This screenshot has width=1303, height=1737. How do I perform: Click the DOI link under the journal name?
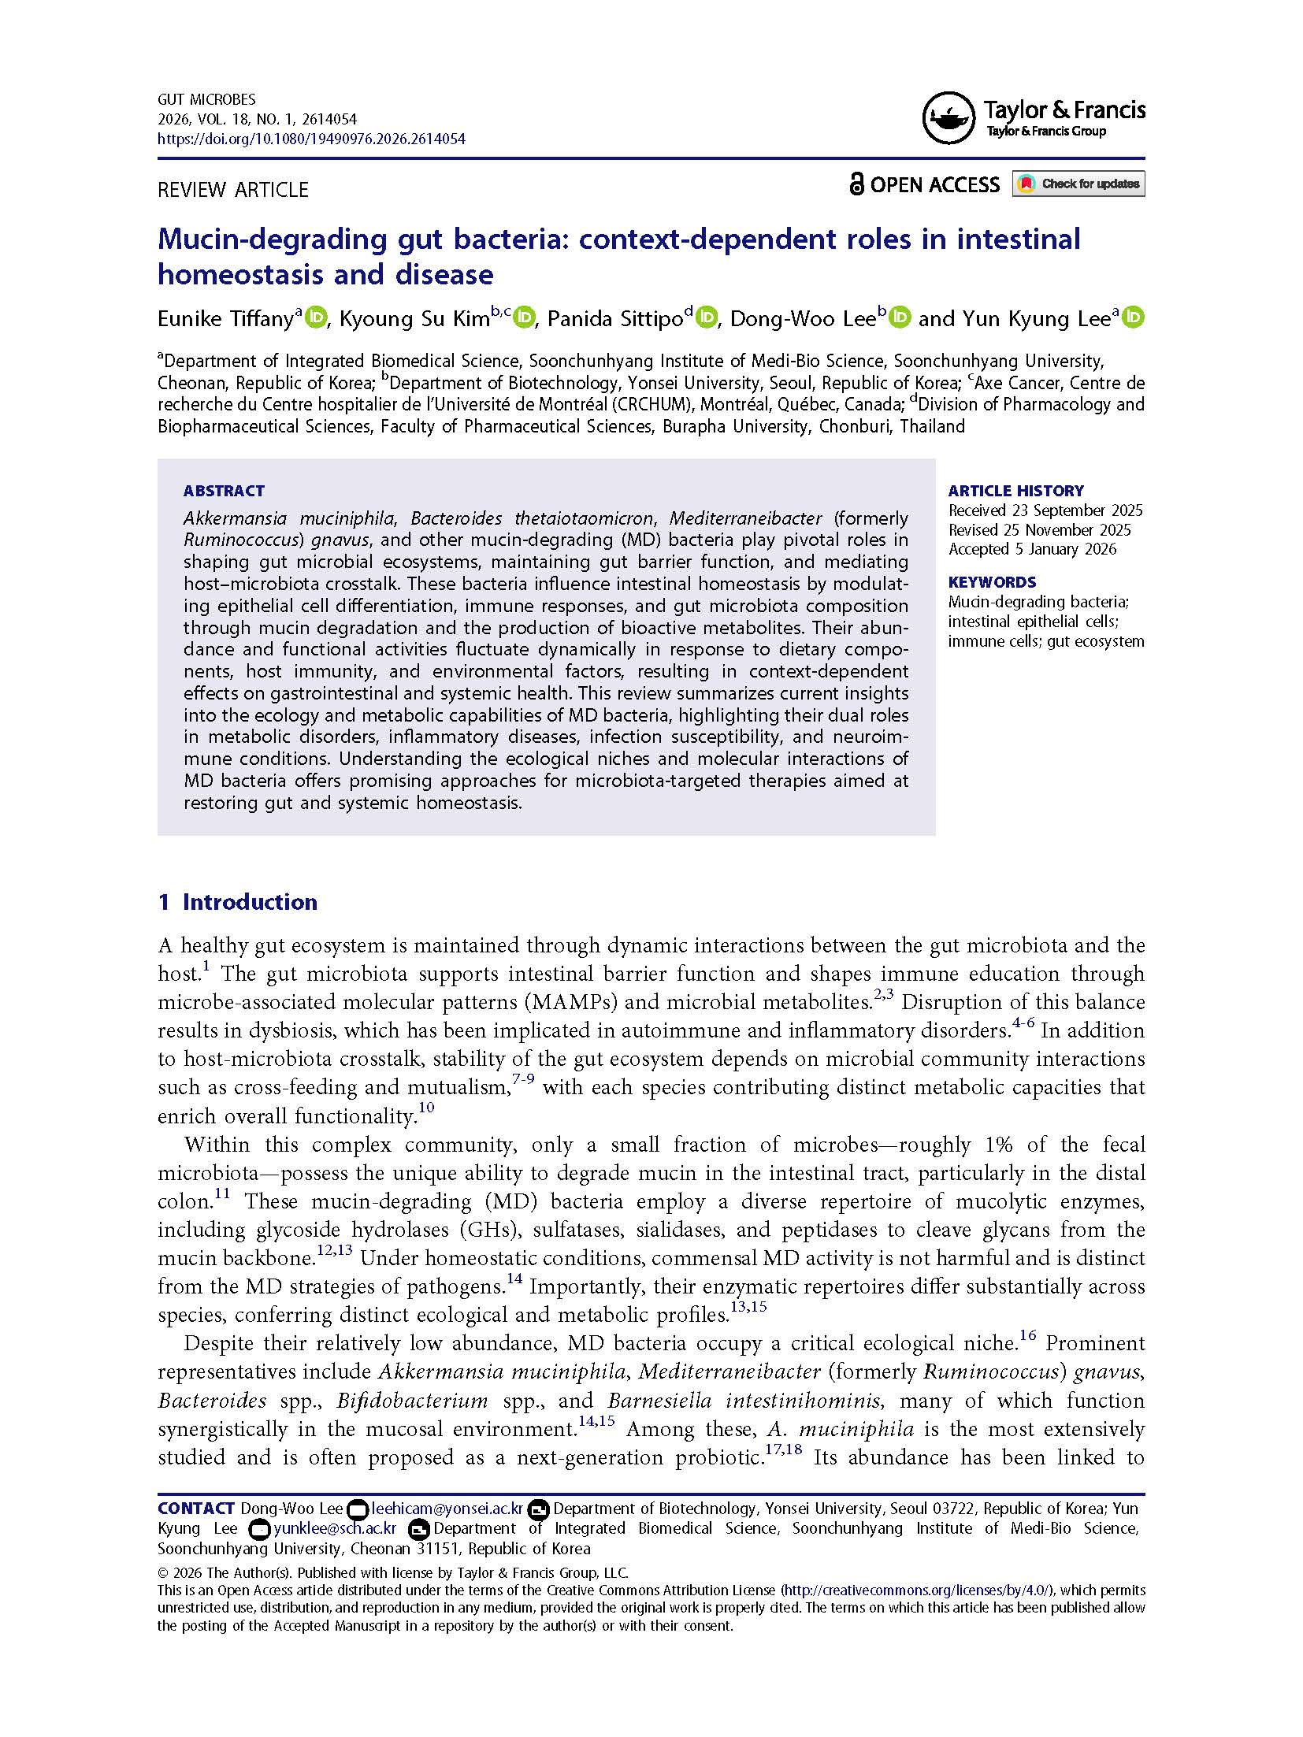click(311, 139)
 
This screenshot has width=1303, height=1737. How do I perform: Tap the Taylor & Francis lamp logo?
click(948, 118)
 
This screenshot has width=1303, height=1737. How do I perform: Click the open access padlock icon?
click(856, 184)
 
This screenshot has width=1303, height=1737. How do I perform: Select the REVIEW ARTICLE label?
click(233, 190)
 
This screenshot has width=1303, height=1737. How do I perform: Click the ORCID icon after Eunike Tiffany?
click(316, 317)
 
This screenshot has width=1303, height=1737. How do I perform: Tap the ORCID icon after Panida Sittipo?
click(707, 317)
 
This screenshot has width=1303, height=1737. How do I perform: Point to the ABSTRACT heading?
click(224, 491)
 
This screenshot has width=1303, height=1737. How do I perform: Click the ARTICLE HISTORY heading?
click(1015, 491)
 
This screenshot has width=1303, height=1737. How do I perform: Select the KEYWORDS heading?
click(992, 582)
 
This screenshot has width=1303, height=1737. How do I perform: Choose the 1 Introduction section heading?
click(238, 902)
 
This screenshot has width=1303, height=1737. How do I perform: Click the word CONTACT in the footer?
click(196, 1509)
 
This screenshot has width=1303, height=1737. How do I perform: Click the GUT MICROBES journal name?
click(206, 100)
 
